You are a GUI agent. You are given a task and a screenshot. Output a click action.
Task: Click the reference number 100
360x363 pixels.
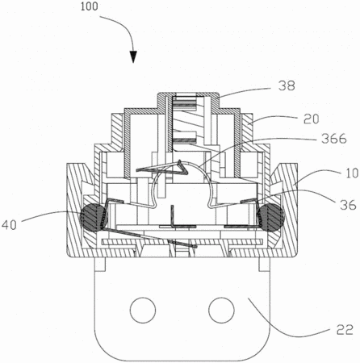[90, 6]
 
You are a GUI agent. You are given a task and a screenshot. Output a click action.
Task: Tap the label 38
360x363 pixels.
[287, 86]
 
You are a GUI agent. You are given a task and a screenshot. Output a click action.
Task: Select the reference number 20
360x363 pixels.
[311, 119]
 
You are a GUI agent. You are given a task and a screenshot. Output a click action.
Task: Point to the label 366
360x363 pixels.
[334, 139]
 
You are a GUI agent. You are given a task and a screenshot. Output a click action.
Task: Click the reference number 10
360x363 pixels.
[352, 173]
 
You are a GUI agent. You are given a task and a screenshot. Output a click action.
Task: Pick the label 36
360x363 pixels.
[348, 205]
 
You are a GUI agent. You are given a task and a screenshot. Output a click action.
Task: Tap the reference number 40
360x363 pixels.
[10, 225]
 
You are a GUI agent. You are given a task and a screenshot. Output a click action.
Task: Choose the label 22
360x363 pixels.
[345, 330]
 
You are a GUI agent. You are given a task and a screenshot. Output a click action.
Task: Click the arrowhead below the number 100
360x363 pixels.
[133, 56]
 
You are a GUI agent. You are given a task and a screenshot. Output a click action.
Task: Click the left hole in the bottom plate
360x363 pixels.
[143, 310]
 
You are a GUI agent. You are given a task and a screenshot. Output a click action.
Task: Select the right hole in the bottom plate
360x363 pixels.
[221, 310]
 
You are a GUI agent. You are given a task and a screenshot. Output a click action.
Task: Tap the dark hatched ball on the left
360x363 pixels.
[94, 217]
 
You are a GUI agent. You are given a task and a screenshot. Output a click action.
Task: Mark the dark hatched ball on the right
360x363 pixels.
[270, 217]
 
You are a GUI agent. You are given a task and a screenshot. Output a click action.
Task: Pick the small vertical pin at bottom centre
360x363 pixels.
[173, 216]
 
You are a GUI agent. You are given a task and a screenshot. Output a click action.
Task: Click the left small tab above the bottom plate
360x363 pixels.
[99, 265]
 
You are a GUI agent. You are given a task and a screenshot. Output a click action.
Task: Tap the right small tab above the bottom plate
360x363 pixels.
[264, 265]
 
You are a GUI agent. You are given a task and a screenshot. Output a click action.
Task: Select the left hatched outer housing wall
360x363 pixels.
[73, 210]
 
